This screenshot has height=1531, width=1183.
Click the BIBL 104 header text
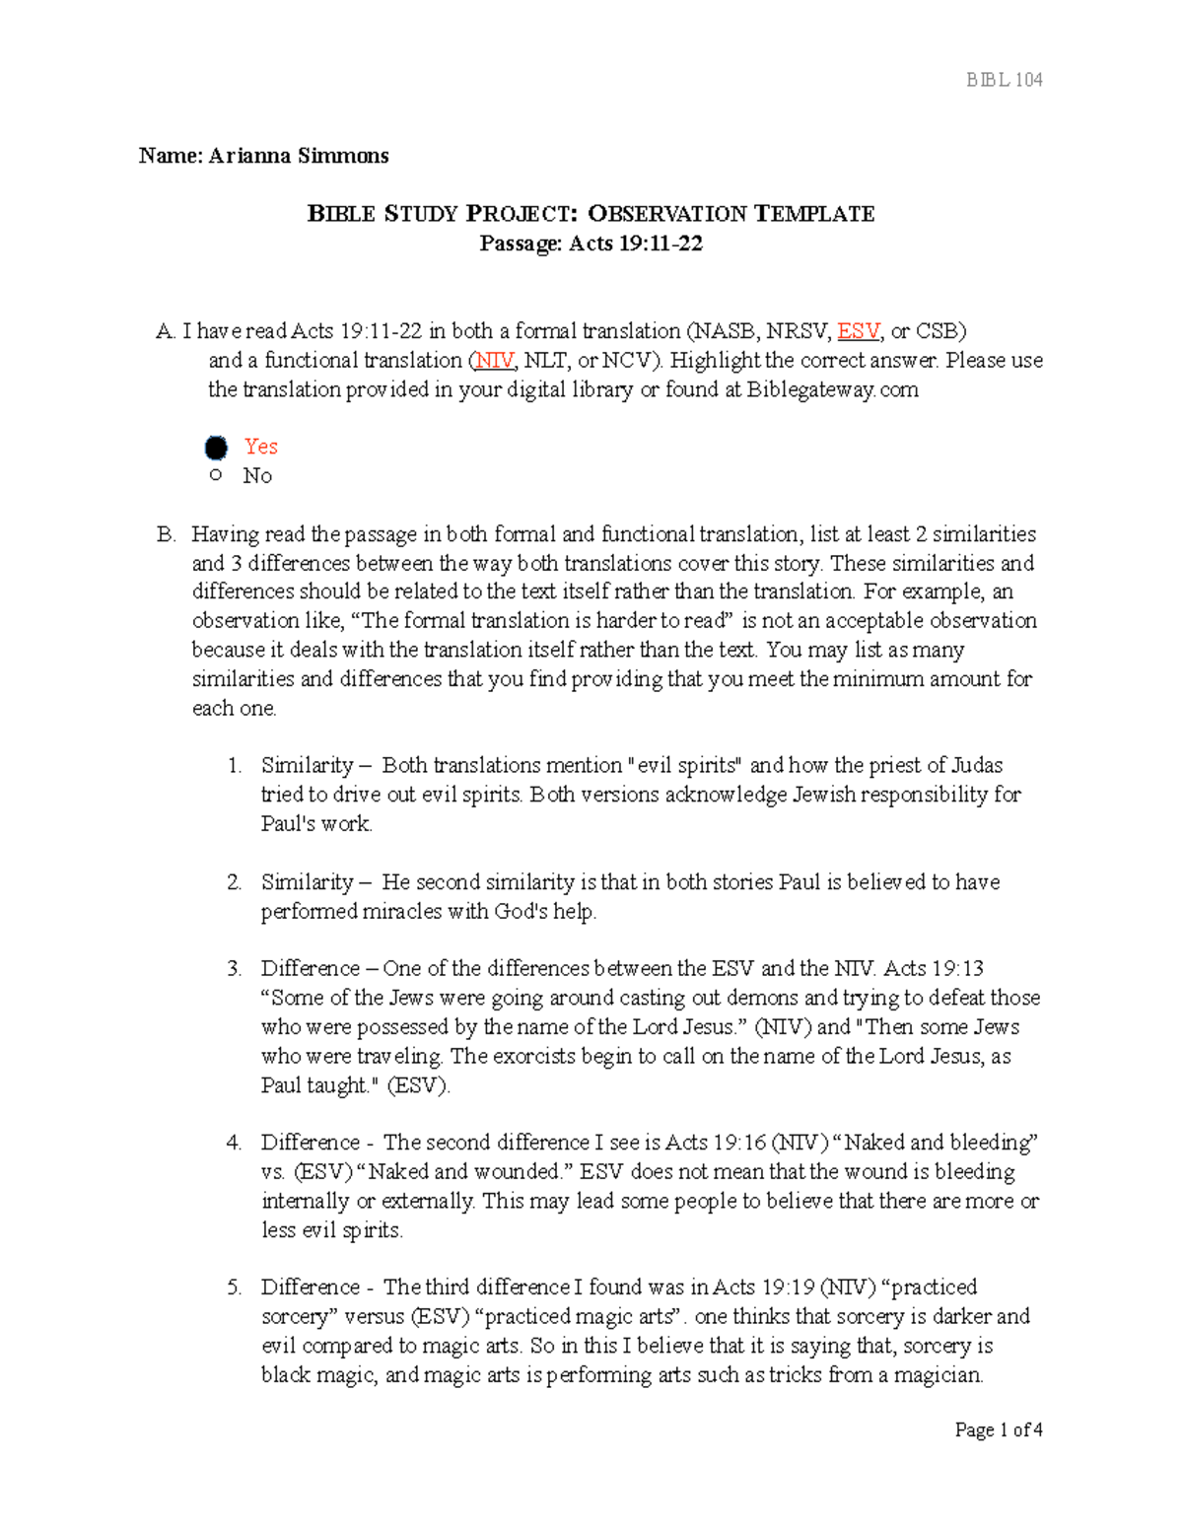(x=1004, y=80)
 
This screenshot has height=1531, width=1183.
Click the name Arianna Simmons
(x=298, y=156)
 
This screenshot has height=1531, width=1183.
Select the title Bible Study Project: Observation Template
(x=591, y=214)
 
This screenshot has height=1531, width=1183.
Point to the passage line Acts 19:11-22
(x=591, y=244)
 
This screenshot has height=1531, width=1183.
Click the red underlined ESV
(x=858, y=331)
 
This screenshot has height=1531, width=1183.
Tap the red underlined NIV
(x=494, y=361)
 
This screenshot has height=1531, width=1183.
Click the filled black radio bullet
(x=216, y=449)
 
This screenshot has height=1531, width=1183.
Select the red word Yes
(x=260, y=447)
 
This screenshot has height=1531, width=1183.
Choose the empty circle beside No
(x=216, y=476)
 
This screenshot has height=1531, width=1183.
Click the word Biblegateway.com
(x=831, y=390)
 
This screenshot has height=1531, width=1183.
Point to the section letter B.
(x=166, y=534)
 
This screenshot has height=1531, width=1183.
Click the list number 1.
(x=235, y=766)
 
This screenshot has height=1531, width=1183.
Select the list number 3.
(x=235, y=969)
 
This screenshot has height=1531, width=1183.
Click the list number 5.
(x=235, y=1287)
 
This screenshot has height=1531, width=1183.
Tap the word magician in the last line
(x=937, y=1376)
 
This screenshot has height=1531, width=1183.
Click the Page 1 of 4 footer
(x=998, y=1429)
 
